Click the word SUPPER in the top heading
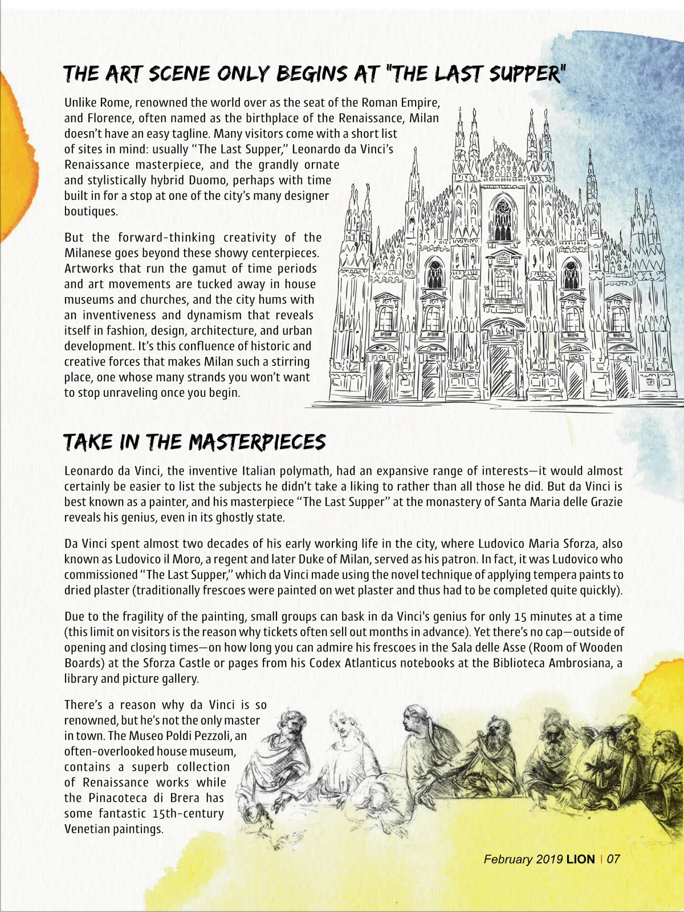525,74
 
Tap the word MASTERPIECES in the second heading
257,442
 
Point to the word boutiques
91,211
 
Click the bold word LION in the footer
580,859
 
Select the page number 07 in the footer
613,859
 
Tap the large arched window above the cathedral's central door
502,219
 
